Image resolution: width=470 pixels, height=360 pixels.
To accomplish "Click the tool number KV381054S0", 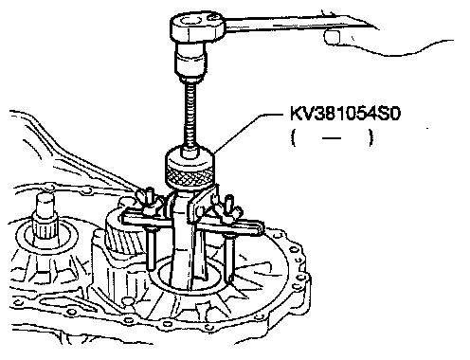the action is [345, 114].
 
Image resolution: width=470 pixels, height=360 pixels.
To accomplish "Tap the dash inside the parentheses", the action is [332, 138].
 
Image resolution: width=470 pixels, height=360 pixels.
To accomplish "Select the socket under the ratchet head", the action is [191, 62].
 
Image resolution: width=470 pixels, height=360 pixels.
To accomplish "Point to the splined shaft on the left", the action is [45, 221].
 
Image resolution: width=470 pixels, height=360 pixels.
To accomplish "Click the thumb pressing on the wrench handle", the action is [333, 37].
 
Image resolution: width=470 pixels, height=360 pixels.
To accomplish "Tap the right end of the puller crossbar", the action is [259, 228].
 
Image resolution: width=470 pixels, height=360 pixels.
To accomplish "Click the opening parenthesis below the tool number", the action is [294, 138].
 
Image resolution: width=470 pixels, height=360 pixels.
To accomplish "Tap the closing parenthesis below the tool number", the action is [371, 138].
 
